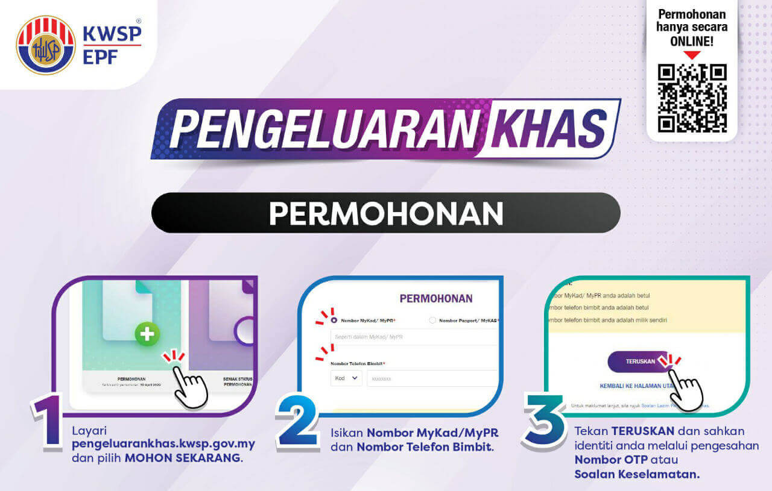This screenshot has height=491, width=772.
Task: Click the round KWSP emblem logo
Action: pos(46,45)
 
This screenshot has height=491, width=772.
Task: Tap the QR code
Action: pos(692,98)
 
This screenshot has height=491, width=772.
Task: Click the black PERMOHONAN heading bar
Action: pos(386,213)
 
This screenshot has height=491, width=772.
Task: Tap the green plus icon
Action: pos(147,334)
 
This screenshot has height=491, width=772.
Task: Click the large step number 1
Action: pos(49,422)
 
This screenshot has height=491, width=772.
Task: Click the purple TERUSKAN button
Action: pos(639,361)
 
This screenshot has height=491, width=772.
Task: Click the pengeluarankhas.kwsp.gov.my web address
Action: pos(163,445)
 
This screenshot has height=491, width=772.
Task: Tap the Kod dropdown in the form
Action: pos(346,378)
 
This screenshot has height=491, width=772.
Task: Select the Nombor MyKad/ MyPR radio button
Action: pos(334,321)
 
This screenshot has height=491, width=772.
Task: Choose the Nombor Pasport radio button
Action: pos(432,321)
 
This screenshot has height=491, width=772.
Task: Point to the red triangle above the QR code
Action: pos(692,55)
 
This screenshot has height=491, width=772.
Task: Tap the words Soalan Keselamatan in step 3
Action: pos(637,474)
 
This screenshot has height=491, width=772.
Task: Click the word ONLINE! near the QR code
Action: pos(692,41)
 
